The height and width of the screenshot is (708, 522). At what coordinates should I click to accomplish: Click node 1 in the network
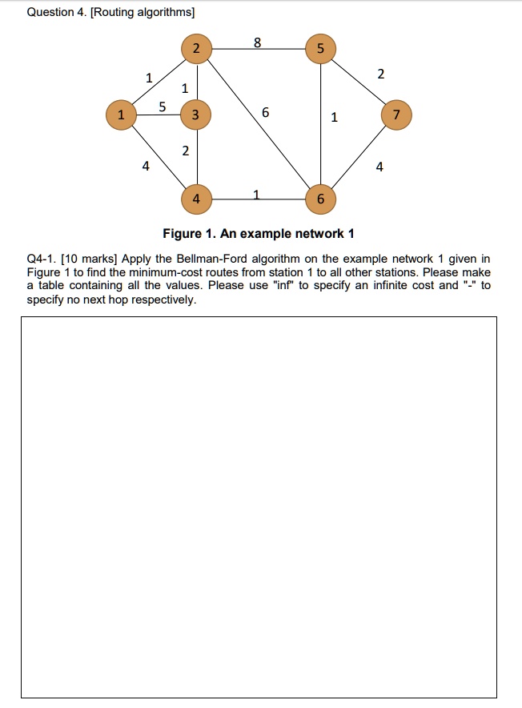click(121, 115)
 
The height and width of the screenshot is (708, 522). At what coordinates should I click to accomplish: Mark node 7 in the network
click(396, 115)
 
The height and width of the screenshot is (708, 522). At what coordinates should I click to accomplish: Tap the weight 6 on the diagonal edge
click(265, 115)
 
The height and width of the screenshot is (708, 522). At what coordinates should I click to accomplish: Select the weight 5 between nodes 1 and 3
click(163, 107)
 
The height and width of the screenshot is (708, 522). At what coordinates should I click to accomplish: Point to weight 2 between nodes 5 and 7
click(380, 74)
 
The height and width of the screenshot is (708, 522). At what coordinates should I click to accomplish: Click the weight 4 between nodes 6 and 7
click(379, 167)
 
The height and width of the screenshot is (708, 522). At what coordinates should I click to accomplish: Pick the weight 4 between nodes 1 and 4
click(145, 167)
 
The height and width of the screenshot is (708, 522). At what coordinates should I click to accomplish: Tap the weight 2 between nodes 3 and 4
click(186, 151)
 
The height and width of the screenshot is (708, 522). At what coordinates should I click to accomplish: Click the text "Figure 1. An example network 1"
click(258, 234)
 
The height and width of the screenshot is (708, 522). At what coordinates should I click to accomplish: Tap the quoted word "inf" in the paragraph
click(283, 285)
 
